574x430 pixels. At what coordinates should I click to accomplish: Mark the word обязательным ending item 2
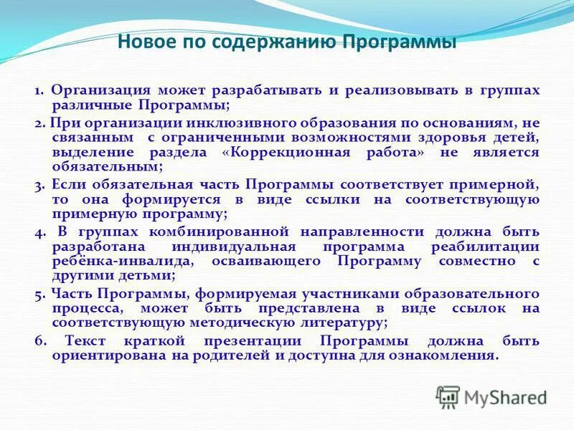[107, 166]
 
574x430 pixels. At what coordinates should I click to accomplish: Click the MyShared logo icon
[448, 396]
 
